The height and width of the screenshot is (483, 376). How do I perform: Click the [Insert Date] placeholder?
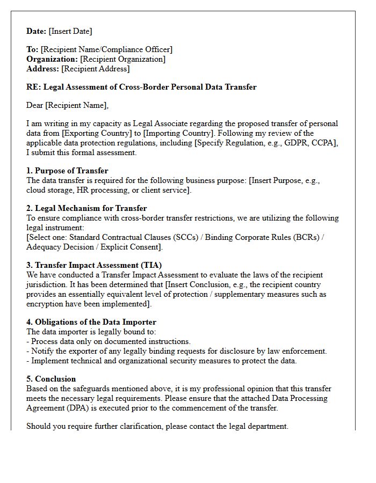tap(70, 31)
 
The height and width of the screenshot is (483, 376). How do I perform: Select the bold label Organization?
tap(52, 59)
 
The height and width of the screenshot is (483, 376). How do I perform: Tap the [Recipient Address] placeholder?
tap(95, 69)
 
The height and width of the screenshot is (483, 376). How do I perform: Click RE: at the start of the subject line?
tap(33, 87)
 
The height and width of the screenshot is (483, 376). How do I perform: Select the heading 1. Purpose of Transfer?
tap(67, 171)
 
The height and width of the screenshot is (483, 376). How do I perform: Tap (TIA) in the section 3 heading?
tap(150, 265)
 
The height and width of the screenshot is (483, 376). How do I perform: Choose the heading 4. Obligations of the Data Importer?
tap(91, 322)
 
